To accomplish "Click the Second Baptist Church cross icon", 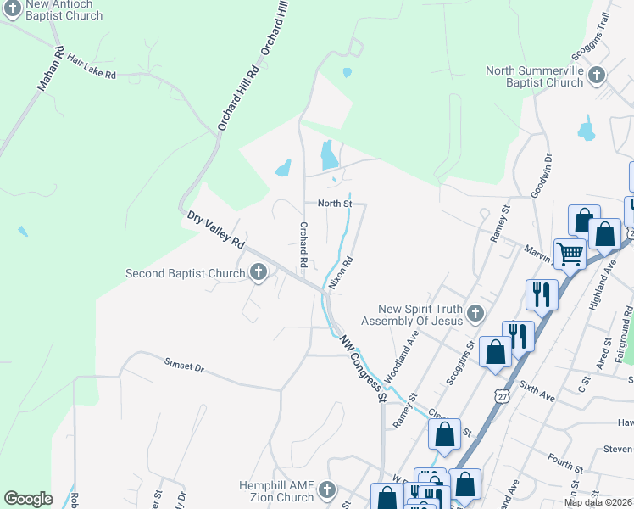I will pos(259,273).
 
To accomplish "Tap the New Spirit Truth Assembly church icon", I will pos(475,314).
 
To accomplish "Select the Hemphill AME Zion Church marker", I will pos(327,490).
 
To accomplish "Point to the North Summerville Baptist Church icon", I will pos(596,76).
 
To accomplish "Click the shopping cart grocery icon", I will pos(570,254).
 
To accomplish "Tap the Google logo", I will pos(28,499).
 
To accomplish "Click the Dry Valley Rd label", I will pos(216,230).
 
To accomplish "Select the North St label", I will pos(335,204).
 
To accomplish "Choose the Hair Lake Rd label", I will pos(91,68).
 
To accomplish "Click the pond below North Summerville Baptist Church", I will pos(586,131).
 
